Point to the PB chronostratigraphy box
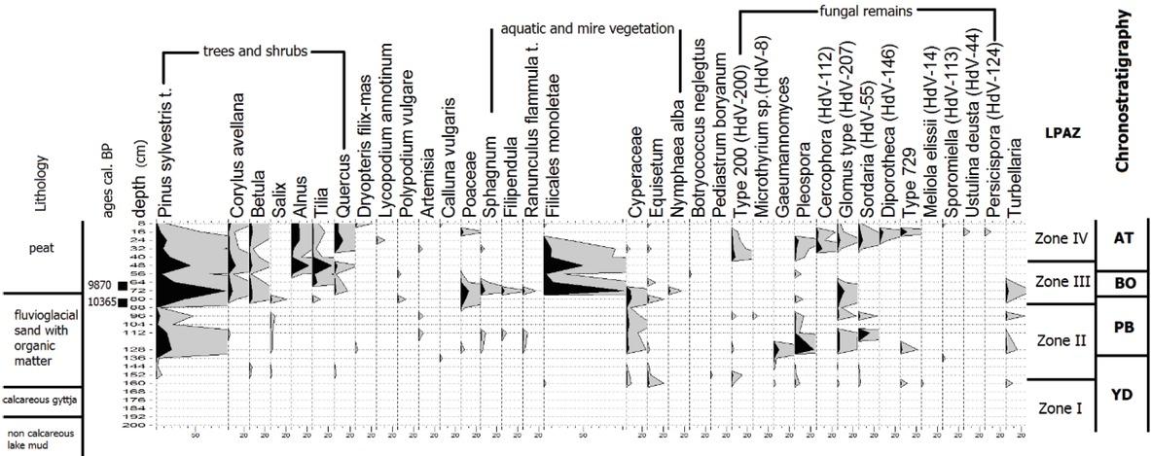click(1122, 328)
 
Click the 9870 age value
click(99, 286)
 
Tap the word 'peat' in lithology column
click(42, 249)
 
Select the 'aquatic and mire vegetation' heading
click(587, 29)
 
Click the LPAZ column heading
click(1060, 131)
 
